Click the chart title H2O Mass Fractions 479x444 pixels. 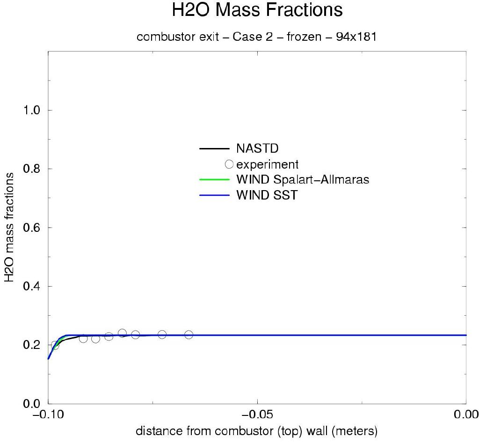257,10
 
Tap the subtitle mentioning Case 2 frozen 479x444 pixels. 256,37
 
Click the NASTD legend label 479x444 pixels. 257,149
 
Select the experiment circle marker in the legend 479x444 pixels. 229,164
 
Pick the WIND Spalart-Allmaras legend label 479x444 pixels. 303,180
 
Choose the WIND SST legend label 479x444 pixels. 267,195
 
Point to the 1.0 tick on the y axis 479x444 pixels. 32,111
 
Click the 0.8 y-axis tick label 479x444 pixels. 32,169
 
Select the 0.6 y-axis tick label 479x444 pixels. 32,228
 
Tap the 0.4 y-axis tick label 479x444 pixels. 32,286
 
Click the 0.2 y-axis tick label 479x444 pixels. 32,345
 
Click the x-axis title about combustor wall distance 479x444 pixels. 256,431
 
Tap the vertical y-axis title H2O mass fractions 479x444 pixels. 10,227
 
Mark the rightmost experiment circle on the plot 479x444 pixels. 189,334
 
